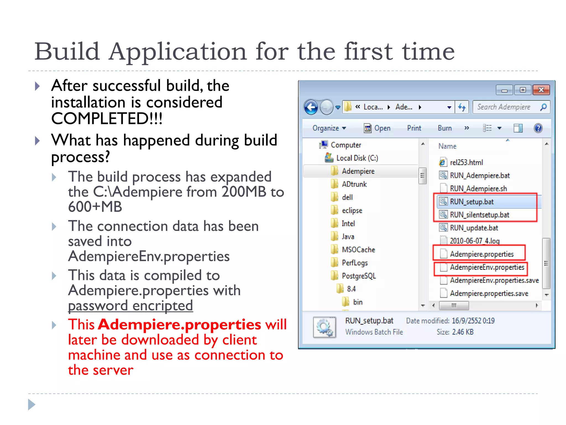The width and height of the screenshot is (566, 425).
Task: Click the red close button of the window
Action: click(541, 90)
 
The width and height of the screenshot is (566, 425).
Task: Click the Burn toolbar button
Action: click(445, 128)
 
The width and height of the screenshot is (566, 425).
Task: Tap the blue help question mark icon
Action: click(538, 128)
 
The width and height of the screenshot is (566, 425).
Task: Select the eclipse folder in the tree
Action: click(352, 211)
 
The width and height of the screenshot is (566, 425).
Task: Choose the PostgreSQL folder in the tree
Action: click(359, 276)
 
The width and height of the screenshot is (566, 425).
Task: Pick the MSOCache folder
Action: click(358, 250)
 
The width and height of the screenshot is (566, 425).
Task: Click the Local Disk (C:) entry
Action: click(357, 158)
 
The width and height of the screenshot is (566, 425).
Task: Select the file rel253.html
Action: click(466, 162)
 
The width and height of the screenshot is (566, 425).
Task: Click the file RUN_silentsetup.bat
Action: click(479, 215)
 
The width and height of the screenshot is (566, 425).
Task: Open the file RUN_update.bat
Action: click(474, 228)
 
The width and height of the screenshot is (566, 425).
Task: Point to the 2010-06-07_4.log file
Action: click(475, 241)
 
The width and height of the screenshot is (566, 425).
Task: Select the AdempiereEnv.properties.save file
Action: click(494, 280)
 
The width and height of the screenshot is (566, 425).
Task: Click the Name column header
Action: click(447, 146)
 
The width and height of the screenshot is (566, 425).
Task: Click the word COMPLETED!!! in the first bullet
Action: click(107, 119)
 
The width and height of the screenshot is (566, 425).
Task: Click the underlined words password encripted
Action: click(130, 306)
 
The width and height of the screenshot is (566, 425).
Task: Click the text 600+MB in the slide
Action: click(95, 207)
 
